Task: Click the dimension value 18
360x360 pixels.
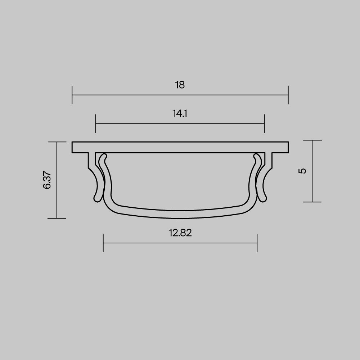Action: point(180,85)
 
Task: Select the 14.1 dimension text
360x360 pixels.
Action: point(180,114)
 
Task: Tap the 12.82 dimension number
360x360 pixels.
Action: point(180,233)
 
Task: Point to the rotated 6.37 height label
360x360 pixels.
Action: point(47,180)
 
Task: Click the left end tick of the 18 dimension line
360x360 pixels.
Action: point(72,95)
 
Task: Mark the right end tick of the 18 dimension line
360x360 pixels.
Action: point(288,95)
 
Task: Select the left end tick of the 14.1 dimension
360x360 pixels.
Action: point(96,123)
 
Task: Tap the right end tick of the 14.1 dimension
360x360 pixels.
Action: point(265,123)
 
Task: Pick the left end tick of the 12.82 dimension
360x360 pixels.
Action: point(103,243)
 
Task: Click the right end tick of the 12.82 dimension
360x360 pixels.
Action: point(257,243)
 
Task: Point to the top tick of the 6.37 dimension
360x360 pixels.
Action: point(57,142)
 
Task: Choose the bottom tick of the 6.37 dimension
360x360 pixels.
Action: point(57,218)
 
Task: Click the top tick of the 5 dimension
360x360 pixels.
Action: point(312,140)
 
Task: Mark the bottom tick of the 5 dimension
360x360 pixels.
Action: point(312,202)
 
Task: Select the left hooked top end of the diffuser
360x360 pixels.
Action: point(105,157)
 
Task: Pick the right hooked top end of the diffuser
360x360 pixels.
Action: point(256,157)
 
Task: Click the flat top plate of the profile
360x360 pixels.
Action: point(180,147)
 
